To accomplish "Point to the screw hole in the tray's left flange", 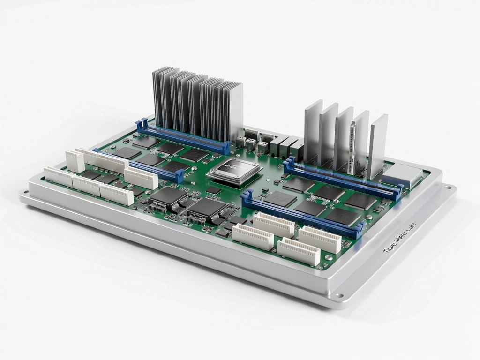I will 23,192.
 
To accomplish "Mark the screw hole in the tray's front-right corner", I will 339,295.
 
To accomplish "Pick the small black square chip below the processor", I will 214,190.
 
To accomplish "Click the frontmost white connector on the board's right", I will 298,251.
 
